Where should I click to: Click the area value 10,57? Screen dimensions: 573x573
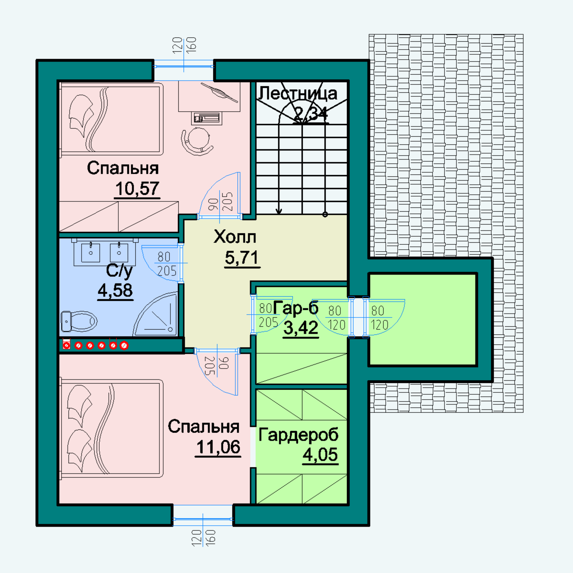point(137,188)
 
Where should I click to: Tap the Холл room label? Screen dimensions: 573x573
point(235,237)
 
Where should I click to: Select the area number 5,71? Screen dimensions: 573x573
point(242,258)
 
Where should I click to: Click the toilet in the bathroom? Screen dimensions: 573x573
point(79,321)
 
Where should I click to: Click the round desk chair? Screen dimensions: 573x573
point(197,141)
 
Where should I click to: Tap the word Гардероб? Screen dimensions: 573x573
point(298,435)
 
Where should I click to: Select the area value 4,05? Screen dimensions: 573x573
point(320,455)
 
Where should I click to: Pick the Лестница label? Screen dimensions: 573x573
point(298,94)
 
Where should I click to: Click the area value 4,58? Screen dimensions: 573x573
point(115,290)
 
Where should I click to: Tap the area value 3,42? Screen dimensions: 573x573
point(301,328)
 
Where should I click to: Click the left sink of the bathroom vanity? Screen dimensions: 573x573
point(91,253)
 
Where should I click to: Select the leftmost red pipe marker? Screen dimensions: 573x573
point(67,345)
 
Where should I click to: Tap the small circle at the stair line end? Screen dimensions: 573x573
point(325,214)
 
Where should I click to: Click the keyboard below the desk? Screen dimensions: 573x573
point(207,118)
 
